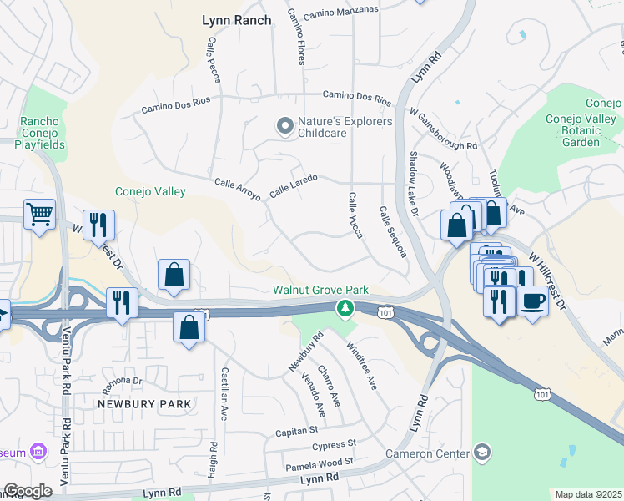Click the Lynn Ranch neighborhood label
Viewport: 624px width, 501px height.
click(x=237, y=20)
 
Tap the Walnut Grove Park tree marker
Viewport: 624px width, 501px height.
click(x=344, y=309)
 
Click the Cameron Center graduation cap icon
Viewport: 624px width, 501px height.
click(x=481, y=453)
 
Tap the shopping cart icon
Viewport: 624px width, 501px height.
click(x=39, y=215)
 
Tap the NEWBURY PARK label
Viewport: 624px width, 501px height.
click(x=144, y=404)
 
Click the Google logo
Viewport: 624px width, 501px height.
click(x=28, y=491)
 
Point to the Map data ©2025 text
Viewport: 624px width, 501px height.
click(x=588, y=494)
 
